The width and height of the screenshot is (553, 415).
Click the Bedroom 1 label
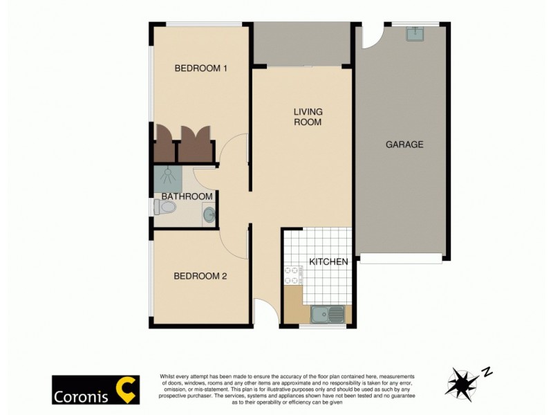coord(201,68)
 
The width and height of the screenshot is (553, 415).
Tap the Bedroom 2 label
coord(200,276)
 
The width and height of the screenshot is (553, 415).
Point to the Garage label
coord(404,145)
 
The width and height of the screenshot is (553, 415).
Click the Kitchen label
coord(328,262)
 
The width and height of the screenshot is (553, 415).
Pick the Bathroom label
coord(187,196)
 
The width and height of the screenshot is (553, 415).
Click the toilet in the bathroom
coord(166,207)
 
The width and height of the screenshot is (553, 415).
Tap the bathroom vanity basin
coord(209,216)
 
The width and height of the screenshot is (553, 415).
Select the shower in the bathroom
coord(167,178)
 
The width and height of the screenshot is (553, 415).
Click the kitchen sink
coord(327,315)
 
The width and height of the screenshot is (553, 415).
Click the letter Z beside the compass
coord(487,372)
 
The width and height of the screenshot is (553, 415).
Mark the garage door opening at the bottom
coord(401,258)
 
